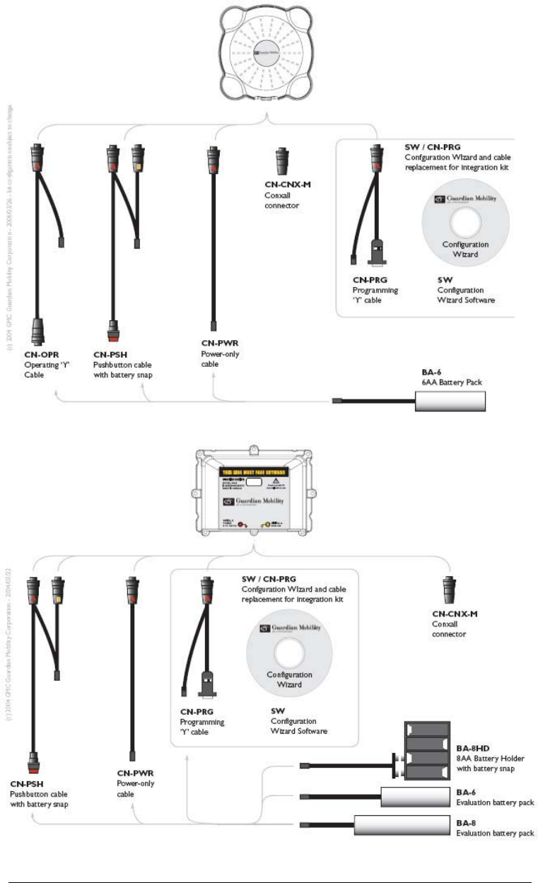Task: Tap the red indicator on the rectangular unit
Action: (x=242, y=525)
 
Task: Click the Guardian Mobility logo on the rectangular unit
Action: (x=269, y=503)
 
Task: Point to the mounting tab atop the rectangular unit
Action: (x=252, y=447)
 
